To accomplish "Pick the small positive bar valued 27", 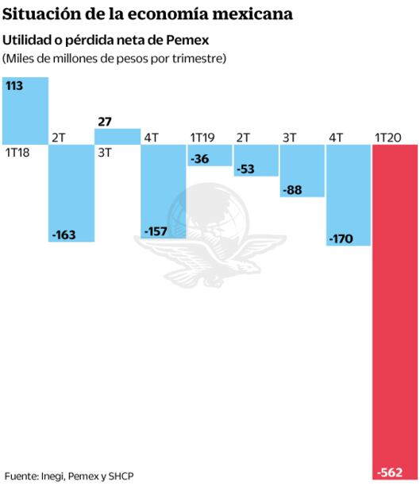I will point(118,137).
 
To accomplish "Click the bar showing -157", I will point(164,192).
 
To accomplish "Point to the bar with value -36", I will point(210,155).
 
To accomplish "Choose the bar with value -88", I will point(302,171).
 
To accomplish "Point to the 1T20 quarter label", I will point(388,138).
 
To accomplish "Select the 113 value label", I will point(14,86).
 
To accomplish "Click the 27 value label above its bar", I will point(105,122).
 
